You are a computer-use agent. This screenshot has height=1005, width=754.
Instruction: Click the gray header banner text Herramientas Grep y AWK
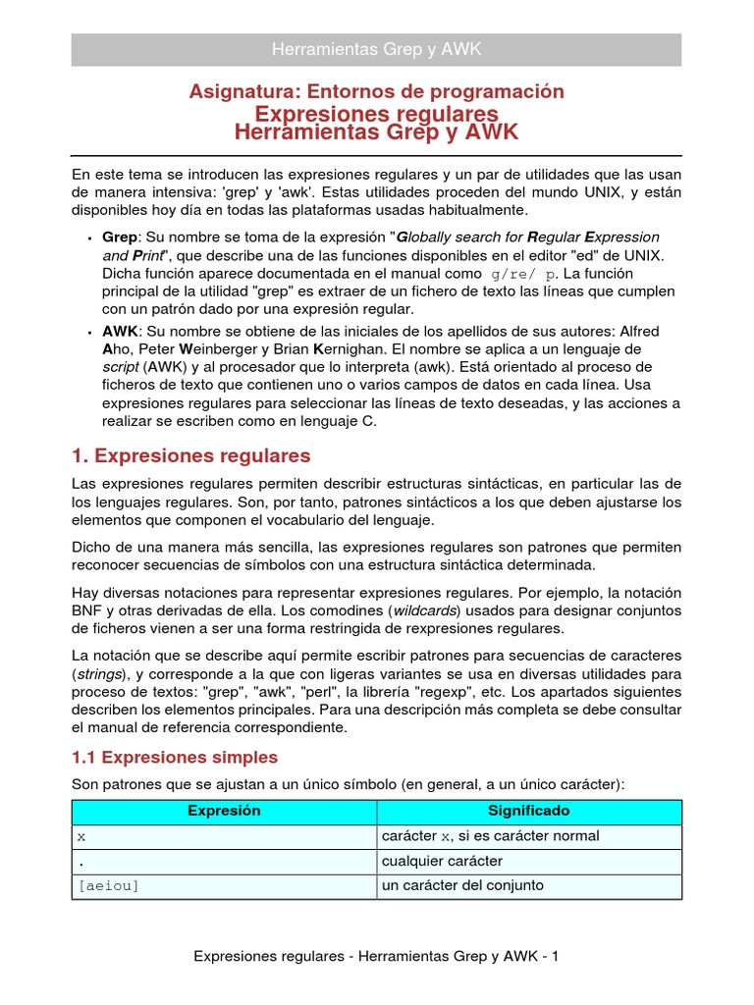tap(376, 49)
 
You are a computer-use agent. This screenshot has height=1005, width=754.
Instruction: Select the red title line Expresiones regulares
tap(376, 114)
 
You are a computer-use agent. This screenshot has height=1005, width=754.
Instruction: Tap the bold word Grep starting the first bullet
tap(120, 238)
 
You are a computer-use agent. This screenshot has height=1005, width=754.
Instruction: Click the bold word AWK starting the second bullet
tap(120, 332)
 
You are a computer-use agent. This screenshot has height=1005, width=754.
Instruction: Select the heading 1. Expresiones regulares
tap(191, 455)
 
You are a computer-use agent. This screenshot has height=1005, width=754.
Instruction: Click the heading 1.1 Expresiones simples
tap(175, 757)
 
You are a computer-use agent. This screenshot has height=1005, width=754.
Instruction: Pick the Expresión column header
tap(224, 811)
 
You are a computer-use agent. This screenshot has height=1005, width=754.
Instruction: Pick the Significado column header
tap(528, 811)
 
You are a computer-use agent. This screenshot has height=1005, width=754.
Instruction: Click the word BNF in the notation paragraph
tap(89, 612)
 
